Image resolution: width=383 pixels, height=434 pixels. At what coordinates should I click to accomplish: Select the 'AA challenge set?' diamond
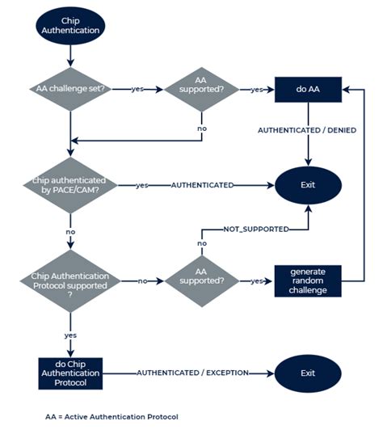tap(71, 89)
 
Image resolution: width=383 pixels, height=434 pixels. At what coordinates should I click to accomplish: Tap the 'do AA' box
tap(307, 89)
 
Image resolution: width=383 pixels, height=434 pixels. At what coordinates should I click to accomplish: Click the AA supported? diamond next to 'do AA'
tap(201, 89)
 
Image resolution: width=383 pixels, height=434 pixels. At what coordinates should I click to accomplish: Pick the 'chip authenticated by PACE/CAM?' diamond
tap(71, 185)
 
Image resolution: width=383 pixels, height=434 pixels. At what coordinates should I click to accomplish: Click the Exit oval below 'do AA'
tap(307, 185)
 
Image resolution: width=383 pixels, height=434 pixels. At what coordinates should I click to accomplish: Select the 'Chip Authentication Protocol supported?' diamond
tap(71, 281)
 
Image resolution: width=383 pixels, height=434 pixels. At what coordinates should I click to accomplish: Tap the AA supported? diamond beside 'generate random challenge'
tap(201, 281)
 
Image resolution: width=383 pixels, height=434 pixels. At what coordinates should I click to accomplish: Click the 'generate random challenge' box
tap(307, 281)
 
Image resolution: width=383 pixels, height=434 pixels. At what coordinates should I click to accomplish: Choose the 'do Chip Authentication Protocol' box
tap(71, 373)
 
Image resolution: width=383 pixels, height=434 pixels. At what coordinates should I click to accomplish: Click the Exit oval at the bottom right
tap(307, 373)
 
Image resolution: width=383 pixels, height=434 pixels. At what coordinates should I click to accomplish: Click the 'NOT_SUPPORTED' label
tap(255, 230)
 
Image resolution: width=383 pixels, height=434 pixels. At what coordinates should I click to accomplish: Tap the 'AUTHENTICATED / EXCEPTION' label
tap(192, 373)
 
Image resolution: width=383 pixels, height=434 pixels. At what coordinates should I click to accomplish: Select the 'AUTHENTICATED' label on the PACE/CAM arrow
tap(202, 185)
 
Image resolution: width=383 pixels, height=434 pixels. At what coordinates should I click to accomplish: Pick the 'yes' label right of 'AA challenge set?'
tap(138, 89)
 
